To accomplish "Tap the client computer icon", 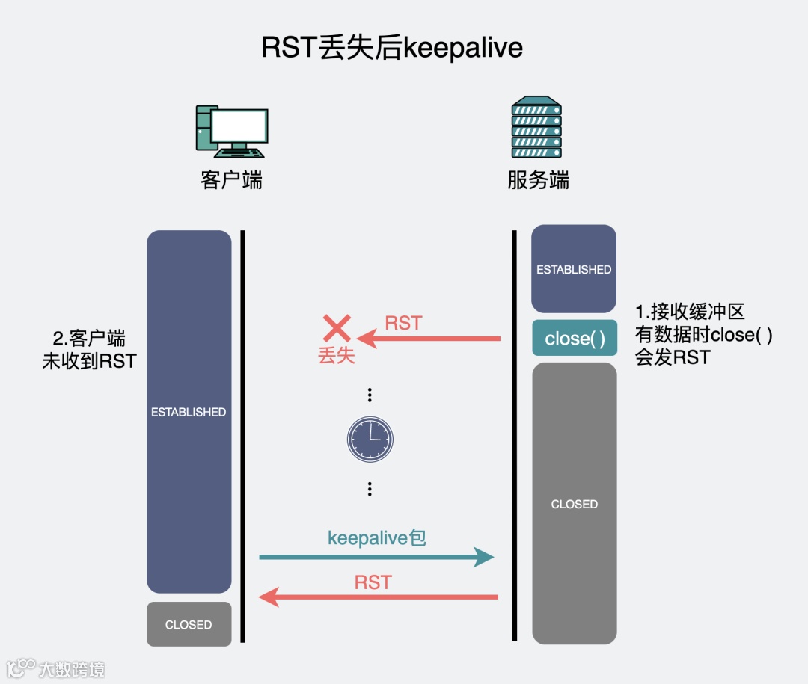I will [231, 131].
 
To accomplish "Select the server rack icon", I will [536, 127].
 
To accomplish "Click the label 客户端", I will [231, 180].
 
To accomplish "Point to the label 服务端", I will [538, 180].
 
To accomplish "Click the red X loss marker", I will [337, 329].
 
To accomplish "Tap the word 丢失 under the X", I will [337, 355].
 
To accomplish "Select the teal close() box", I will [575, 338].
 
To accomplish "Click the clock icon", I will [370, 439].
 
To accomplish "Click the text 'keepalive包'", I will [376, 537].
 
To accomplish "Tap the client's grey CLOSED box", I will [189, 624].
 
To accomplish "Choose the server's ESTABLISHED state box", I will [574, 269].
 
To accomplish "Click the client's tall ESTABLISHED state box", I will [189, 411].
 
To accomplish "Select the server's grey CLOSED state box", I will [574, 504].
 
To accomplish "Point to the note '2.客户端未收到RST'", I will [89, 349].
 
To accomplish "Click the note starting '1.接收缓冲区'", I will [703, 334].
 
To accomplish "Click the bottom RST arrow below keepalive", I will [378, 597].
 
